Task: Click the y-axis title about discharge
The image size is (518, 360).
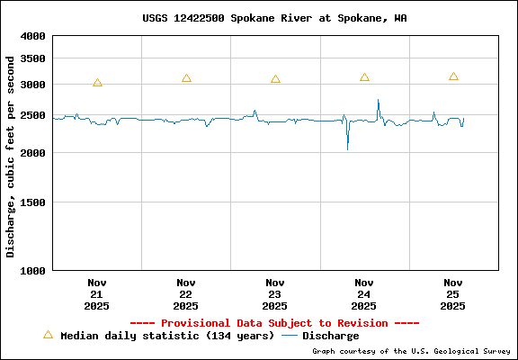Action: click(11, 156)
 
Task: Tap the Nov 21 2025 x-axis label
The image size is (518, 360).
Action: click(97, 293)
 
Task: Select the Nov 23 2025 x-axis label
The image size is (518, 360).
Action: click(275, 293)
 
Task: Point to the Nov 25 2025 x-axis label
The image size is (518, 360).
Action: click(453, 293)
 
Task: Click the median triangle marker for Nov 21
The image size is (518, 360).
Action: click(97, 83)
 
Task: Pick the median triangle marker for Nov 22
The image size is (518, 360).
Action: click(186, 78)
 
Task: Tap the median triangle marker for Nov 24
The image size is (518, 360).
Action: click(364, 77)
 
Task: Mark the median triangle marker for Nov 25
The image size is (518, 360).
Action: click(453, 76)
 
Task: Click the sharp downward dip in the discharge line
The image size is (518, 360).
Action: click(347, 147)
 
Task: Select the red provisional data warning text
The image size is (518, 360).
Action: click(274, 322)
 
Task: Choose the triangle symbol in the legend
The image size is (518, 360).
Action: click(48, 335)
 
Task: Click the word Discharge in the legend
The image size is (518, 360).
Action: click(330, 336)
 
